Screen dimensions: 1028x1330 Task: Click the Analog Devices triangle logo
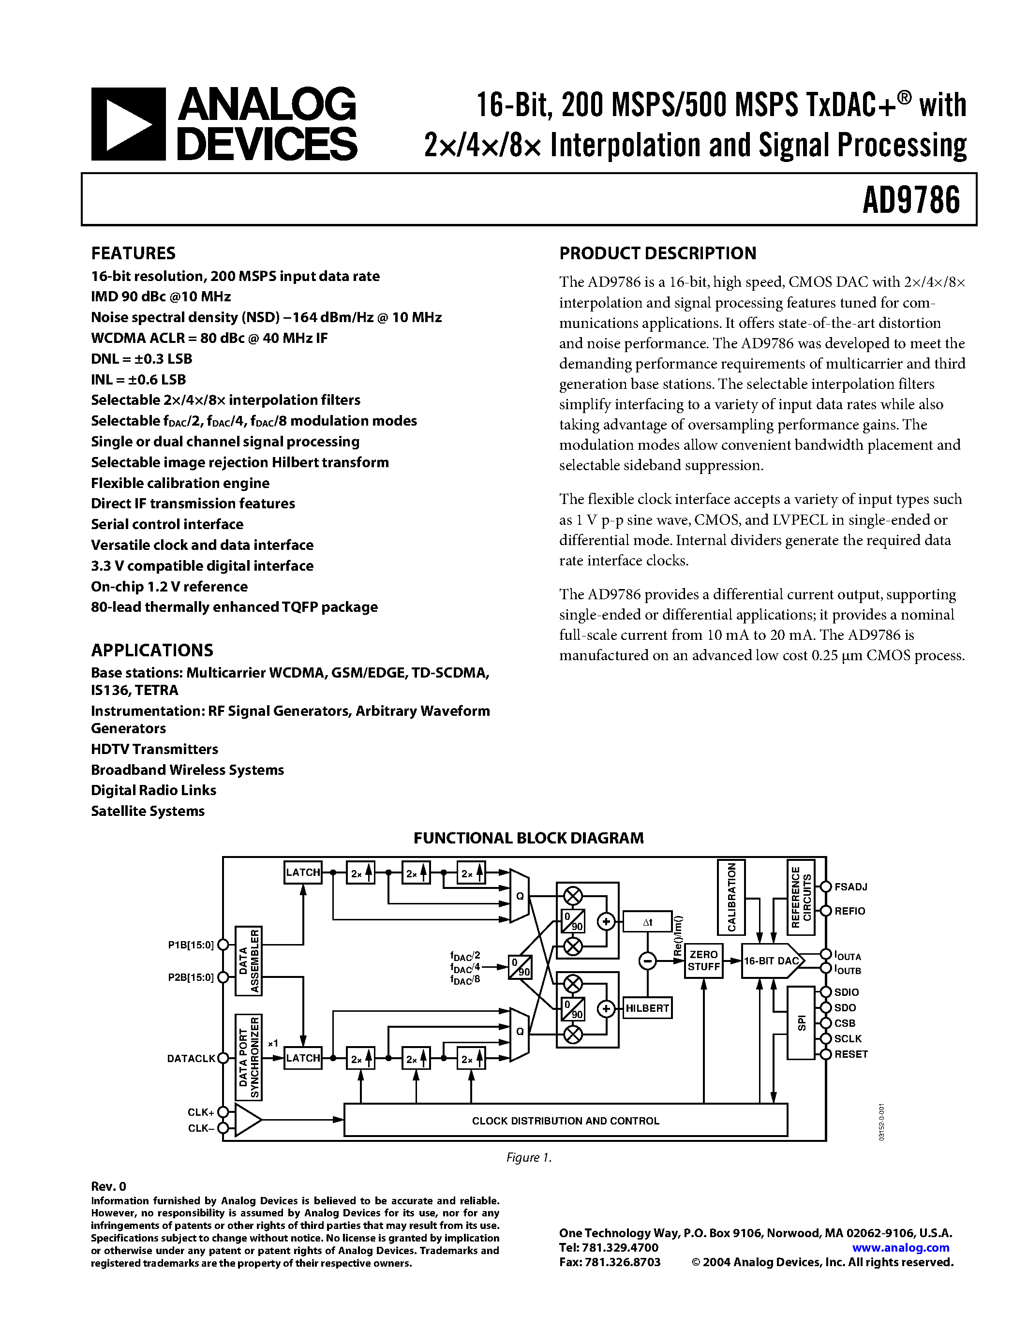[128, 124]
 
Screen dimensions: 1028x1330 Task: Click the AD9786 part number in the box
[910, 200]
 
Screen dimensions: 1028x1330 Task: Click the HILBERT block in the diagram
[647, 1008]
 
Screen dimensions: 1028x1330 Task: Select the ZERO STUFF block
[703, 961]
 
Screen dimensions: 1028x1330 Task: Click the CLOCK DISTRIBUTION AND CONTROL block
[565, 1121]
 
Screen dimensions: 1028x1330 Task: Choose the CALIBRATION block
[731, 897]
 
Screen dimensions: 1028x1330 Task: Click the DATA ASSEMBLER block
[249, 961]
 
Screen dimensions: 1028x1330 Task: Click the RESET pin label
[851, 1054]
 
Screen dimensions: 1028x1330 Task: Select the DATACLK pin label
[191, 1058]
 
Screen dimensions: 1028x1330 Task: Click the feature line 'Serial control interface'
[167, 524]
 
